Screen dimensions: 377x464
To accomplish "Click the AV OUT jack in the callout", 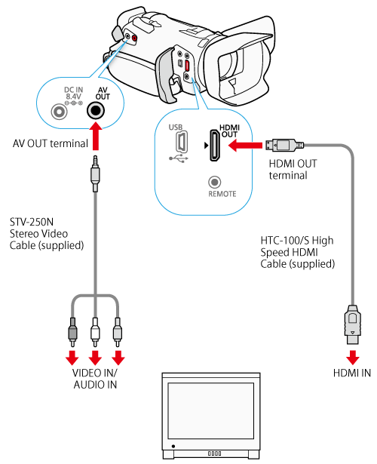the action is pyautogui.click(x=95, y=111).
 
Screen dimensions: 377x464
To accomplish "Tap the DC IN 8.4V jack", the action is pyautogui.click(x=59, y=112).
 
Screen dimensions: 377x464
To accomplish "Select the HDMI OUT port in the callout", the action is pyautogui.click(x=215, y=146).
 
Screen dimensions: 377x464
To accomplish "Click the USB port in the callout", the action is pyautogui.click(x=182, y=142).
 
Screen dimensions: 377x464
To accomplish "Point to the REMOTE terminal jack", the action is pyautogui.click(x=214, y=183).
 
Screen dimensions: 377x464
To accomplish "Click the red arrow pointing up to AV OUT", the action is pyautogui.click(x=95, y=136).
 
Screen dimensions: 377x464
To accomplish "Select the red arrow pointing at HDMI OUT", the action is pyautogui.click(x=245, y=146).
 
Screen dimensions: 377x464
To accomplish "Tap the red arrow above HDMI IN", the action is pyautogui.click(x=352, y=357).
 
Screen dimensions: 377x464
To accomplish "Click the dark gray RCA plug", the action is pyautogui.click(x=72, y=332).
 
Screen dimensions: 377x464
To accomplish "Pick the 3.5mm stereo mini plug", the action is pyautogui.click(x=95, y=174).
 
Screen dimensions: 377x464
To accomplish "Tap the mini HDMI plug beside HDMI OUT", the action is pyautogui.click(x=284, y=145).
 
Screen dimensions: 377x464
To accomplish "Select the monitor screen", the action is pyautogui.click(x=211, y=410).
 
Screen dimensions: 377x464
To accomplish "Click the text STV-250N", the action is pyautogui.click(x=32, y=222).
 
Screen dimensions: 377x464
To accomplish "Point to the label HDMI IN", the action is pyautogui.click(x=352, y=373).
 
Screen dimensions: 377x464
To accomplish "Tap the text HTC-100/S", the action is pyautogui.click(x=285, y=240).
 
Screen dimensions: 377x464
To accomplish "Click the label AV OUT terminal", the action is pyautogui.click(x=51, y=143).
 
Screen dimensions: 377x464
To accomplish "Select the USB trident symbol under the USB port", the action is pyautogui.click(x=179, y=159).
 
